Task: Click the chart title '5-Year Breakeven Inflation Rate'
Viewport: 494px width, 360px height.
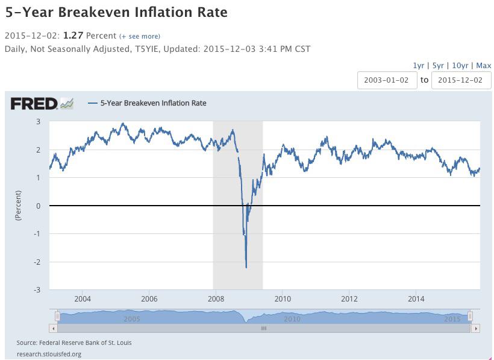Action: (x=116, y=12)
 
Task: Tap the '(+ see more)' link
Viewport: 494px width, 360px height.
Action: (x=140, y=36)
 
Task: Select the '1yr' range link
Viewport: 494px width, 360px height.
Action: (x=418, y=65)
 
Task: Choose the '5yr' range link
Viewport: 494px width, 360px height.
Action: (x=438, y=65)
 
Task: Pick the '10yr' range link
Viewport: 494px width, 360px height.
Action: (x=460, y=65)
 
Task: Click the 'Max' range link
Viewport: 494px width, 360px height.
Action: (x=483, y=65)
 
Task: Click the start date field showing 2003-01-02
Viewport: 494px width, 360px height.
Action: (x=387, y=80)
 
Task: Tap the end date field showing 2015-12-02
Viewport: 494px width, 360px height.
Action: (x=461, y=80)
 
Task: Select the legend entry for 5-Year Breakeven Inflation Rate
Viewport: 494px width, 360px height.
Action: (x=153, y=103)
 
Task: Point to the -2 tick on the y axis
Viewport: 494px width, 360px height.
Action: (x=37, y=262)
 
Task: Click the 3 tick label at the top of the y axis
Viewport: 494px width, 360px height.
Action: (x=39, y=122)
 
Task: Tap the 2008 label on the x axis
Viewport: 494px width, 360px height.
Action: (x=215, y=298)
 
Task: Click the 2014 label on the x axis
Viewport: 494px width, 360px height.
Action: (x=416, y=298)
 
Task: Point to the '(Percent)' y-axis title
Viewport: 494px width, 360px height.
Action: (x=19, y=205)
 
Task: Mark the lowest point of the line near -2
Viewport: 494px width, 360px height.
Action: (x=246, y=267)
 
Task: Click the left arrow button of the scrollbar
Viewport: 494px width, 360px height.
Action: (x=54, y=329)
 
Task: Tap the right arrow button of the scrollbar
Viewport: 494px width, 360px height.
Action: (x=476, y=329)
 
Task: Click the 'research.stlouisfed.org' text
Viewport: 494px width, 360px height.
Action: (x=49, y=354)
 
